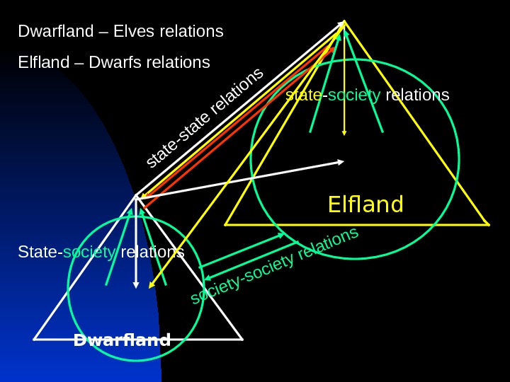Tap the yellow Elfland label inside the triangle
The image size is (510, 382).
tap(365, 205)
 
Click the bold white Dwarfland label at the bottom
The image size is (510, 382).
tap(122, 341)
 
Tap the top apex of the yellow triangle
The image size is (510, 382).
tap(345, 21)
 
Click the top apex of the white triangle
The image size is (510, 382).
tap(135, 195)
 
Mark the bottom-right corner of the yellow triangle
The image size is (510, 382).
tap(489, 225)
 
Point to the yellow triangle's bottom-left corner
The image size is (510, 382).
tap(225, 225)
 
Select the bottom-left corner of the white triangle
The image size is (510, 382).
tap(33, 340)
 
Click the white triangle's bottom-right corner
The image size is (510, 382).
tap(243, 340)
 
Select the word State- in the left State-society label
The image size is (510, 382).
tap(40, 252)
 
